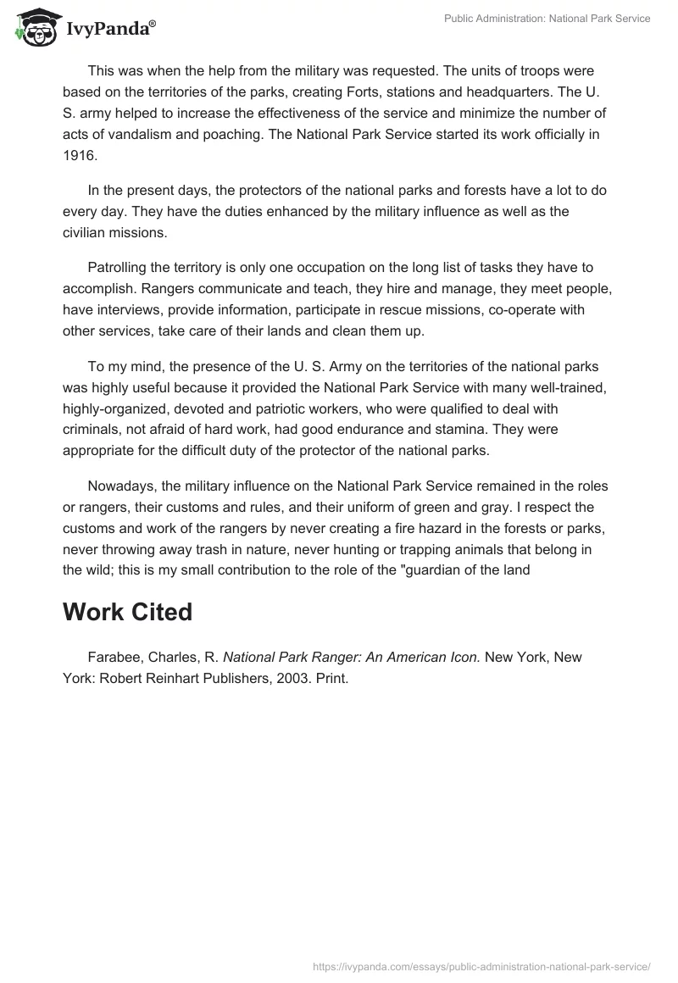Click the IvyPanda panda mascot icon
[x=35, y=28]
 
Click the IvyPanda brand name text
[x=109, y=30]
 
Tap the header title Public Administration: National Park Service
[x=547, y=19]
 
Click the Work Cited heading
[x=127, y=612]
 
